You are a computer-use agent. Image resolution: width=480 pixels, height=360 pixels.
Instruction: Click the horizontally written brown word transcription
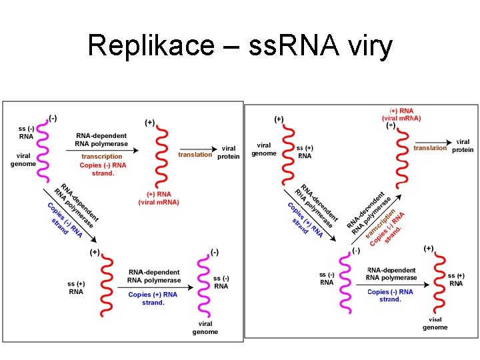coord(102,157)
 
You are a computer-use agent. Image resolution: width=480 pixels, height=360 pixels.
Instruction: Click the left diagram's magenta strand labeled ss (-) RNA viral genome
coord(43,149)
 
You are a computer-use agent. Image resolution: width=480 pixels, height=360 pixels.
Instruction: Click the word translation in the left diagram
coord(195,155)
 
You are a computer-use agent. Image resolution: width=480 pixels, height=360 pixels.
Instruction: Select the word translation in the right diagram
coord(430,148)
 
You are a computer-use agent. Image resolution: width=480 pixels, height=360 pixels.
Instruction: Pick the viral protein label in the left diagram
coord(228,152)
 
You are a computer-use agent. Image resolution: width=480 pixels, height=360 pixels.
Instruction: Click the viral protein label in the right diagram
coord(463,146)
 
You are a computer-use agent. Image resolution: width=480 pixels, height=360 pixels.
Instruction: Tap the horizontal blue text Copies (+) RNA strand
coord(153,298)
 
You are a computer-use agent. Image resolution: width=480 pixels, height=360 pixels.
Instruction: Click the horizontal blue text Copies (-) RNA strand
coord(390,295)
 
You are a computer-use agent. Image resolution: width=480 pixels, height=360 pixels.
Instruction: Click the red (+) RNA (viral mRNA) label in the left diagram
coord(159,198)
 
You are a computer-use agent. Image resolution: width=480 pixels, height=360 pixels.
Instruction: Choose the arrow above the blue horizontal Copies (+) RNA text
coord(155,288)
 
